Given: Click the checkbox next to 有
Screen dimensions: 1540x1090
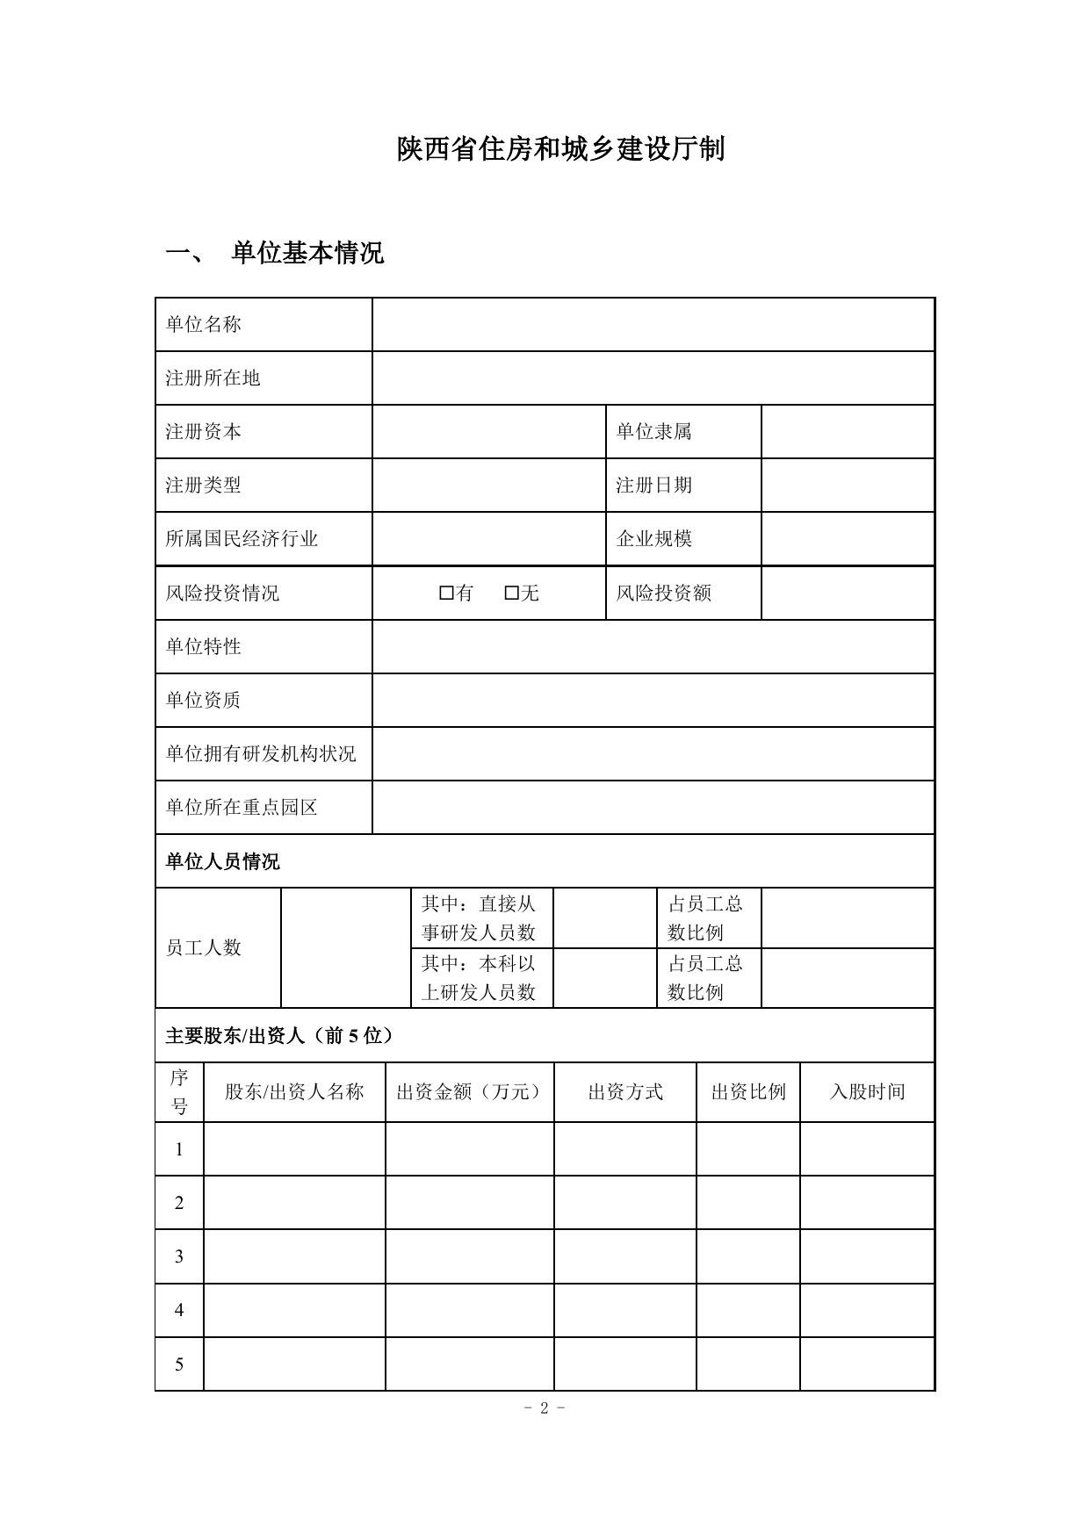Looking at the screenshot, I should click(x=446, y=594).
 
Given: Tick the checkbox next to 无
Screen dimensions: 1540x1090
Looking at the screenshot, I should click(x=511, y=594).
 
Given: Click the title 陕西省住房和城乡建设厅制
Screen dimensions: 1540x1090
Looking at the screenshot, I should click(x=560, y=149).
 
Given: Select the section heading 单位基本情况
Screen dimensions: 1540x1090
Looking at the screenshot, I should click(x=307, y=254).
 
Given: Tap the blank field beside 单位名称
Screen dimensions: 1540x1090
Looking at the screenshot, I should click(x=653, y=325).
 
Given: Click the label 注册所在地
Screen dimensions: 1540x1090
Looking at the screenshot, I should click(x=213, y=378).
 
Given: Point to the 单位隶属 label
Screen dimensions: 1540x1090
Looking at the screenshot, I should click(x=653, y=432).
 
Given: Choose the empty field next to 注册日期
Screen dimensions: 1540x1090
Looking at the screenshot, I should click(x=847, y=486).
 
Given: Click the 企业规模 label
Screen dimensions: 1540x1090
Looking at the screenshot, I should click(x=653, y=539).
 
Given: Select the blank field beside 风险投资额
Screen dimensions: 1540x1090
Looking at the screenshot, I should click(x=847, y=594).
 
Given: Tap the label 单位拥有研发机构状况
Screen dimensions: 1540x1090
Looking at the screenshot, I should click(x=261, y=754).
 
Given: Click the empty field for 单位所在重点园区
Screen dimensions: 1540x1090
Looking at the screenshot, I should click(x=653, y=808).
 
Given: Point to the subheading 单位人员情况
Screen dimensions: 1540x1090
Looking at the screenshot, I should click(x=223, y=861).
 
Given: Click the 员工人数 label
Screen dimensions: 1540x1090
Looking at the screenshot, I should click(x=204, y=948).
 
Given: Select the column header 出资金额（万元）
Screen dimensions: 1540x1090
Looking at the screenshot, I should click(x=470, y=1092).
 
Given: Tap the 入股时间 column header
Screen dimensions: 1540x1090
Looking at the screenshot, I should click(x=867, y=1092).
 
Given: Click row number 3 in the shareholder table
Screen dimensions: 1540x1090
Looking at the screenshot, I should click(x=179, y=1256).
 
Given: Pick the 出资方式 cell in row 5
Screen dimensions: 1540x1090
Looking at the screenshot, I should click(x=625, y=1364).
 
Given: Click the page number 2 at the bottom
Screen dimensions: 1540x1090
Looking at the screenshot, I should click(x=545, y=1408).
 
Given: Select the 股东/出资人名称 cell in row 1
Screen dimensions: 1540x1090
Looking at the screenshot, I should click(x=294, y=1149).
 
